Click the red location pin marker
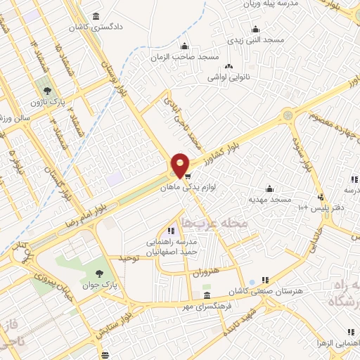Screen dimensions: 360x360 click(180, 165)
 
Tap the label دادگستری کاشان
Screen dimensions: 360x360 click(95, 27)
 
